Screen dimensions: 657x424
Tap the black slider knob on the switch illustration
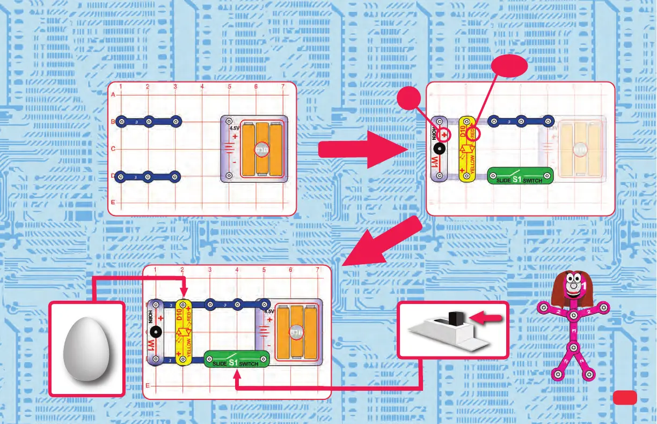456,319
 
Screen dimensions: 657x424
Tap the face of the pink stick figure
573,284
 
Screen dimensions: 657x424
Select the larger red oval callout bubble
509,66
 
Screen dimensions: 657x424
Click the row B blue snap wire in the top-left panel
149,122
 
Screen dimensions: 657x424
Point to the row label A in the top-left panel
113,95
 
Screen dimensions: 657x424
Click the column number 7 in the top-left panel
283,87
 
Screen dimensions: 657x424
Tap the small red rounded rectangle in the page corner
625,397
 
